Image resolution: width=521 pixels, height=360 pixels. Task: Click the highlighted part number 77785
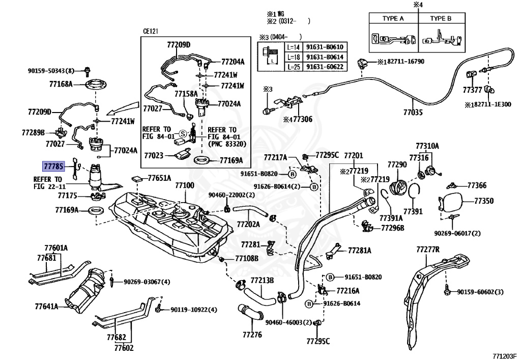[53, 165]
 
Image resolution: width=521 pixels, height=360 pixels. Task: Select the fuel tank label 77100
[185, 185]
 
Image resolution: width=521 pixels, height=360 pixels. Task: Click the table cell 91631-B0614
[325, 57]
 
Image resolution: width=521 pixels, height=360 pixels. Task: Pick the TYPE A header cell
[393, 19]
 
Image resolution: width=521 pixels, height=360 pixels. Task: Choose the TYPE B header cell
[441, 19]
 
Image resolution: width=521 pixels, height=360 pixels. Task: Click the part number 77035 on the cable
[413, 112]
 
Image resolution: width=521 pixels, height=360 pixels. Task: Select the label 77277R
[428, 250]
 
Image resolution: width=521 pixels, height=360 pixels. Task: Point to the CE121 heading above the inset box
[151, 31]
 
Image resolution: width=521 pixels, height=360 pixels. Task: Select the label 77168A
[61, 84]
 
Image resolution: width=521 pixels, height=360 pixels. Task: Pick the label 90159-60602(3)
[480, 292]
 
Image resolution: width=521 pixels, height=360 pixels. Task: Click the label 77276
[252, 335]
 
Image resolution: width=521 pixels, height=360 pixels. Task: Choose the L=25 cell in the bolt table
[294, 67]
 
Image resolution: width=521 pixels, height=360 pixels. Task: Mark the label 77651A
[159, 178]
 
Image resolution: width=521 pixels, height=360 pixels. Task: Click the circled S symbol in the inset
[183, 134]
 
